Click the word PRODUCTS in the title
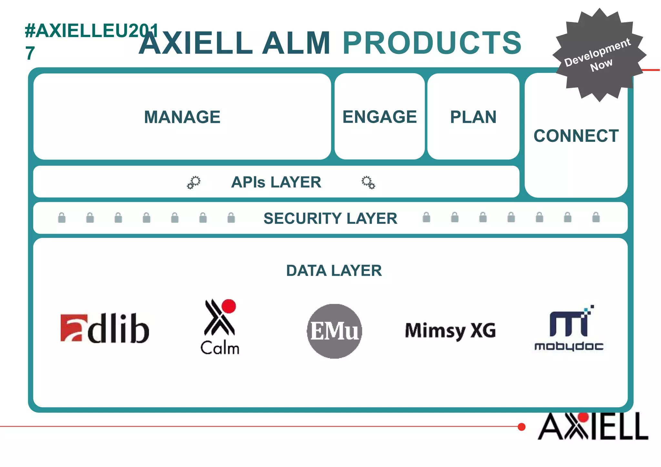pyautogui.click(x=432, y=43)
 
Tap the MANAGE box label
pyautogui.click(x=182, y=117)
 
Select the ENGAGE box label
pyautogui.click(x=380, y=117)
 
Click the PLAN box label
pyautogui.click(x=473, y=117)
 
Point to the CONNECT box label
pyautogui.click(x=576, y=136)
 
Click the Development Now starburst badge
pyautogui.click(x=599, y=55)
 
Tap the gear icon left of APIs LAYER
pyautogui.click(x=194, y=182)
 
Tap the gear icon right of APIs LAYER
pyautogui.click(x=368, y=182)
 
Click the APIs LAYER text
pyautogui.click(x=276, y=182)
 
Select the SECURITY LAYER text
pyautogui.click(x=330, y=218)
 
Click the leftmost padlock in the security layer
pyautogui.click(x=62, y=218)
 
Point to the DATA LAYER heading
pyautogui.click(x=334, y=271)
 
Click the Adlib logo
pyautogui.click(x=105, y=328)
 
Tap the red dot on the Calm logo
pyautogui.click(x=229, y=306)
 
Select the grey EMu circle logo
pyautogui.click(x=334, y=331)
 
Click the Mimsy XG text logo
pyautogui.click(x=450, y=331)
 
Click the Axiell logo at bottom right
pyautogui.click(x=593, y=426)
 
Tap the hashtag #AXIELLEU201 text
pyautogui.click(x=92, y=31)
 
